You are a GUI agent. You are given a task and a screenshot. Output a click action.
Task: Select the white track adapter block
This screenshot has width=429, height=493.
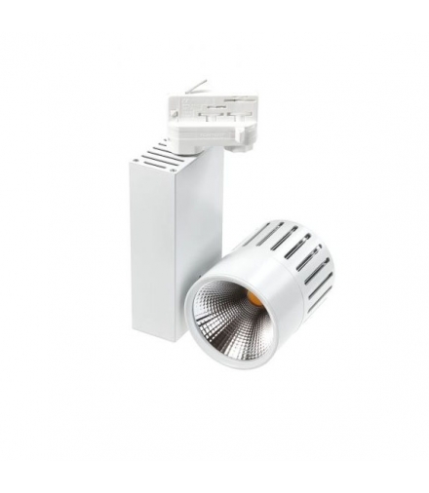pos(210,118)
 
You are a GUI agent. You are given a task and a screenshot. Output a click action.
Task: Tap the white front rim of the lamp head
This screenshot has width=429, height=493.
pos(200,336)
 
